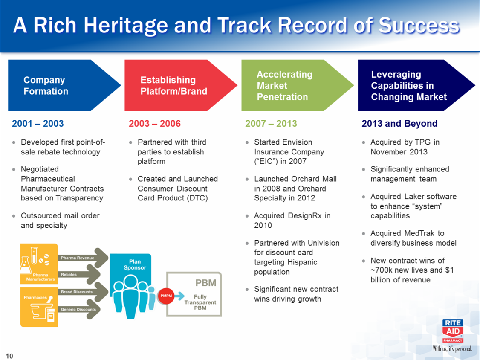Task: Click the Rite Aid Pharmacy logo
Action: pos(453,331)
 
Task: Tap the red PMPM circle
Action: pos(166,296)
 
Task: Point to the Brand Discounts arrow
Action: pos(83,292)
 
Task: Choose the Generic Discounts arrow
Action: pos(79,309)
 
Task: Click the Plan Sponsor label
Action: pos(135,265)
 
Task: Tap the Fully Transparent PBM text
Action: pos(200,302)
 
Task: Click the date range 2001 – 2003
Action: pos(38,123)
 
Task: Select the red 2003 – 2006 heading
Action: pos(155,123)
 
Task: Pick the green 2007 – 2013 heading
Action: pos(271,123)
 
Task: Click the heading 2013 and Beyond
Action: pos(399,123)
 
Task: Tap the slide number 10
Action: pos(9,356)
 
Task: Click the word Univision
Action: pos(324,243)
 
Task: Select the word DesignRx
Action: pos(305,216)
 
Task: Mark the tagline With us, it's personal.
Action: pos(452,348)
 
